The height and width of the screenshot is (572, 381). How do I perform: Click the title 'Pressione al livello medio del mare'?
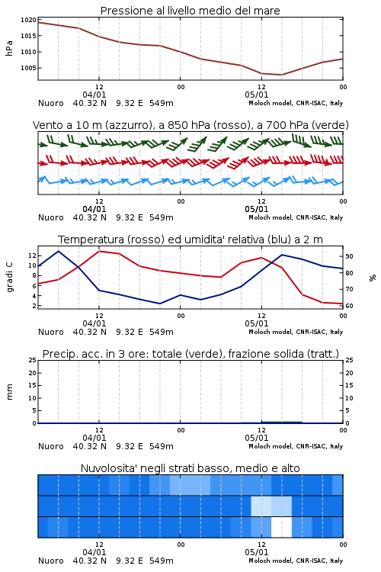190,11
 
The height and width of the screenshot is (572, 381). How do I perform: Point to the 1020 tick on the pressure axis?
28,20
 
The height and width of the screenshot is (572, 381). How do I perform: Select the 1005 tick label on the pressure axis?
28,68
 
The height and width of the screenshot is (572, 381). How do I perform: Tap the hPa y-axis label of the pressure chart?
9,48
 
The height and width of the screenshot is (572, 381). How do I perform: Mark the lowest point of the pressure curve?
281,75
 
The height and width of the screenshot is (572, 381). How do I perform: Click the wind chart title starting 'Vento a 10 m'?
190,125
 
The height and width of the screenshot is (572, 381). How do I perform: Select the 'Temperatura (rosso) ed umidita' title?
190,239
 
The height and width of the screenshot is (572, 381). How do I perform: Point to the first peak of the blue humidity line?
59,251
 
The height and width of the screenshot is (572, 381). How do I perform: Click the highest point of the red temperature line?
99,251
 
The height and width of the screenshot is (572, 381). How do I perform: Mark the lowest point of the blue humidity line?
160,304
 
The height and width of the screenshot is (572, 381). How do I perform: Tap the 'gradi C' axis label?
10,277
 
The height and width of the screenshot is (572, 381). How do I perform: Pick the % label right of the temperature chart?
373,278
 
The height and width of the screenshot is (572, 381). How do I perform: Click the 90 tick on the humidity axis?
349,256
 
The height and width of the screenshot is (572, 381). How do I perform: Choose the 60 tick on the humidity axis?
349,306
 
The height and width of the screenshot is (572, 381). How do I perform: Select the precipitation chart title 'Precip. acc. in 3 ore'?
190,354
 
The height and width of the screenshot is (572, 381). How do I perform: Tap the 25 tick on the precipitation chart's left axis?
33,360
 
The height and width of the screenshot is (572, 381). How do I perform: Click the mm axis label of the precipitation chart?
9,392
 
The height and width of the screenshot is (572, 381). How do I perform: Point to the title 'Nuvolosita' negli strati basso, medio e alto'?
190,468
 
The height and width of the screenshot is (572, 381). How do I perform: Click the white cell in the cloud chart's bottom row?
281,527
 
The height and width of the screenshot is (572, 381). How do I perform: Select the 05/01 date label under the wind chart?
257,209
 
